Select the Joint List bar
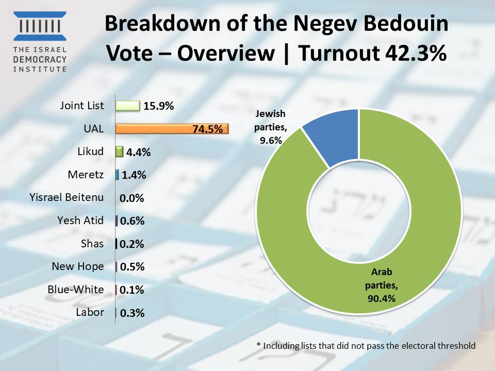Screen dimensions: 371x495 (127, 106)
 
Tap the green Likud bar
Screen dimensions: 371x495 (120, 152)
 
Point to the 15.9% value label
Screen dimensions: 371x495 (159, 106)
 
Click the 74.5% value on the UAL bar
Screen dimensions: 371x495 (207, 129)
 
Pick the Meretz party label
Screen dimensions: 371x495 (86, 175)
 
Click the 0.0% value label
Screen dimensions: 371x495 (131, 198)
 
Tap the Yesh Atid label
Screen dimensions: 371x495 (80, 221)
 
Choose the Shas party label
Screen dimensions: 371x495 (92, 244)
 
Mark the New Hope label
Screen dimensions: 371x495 (77, 266)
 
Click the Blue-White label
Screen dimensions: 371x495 (75, 290)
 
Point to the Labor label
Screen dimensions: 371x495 (90, 312)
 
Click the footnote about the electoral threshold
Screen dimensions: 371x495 (366, 345)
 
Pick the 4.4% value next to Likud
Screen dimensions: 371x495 (138, 153)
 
